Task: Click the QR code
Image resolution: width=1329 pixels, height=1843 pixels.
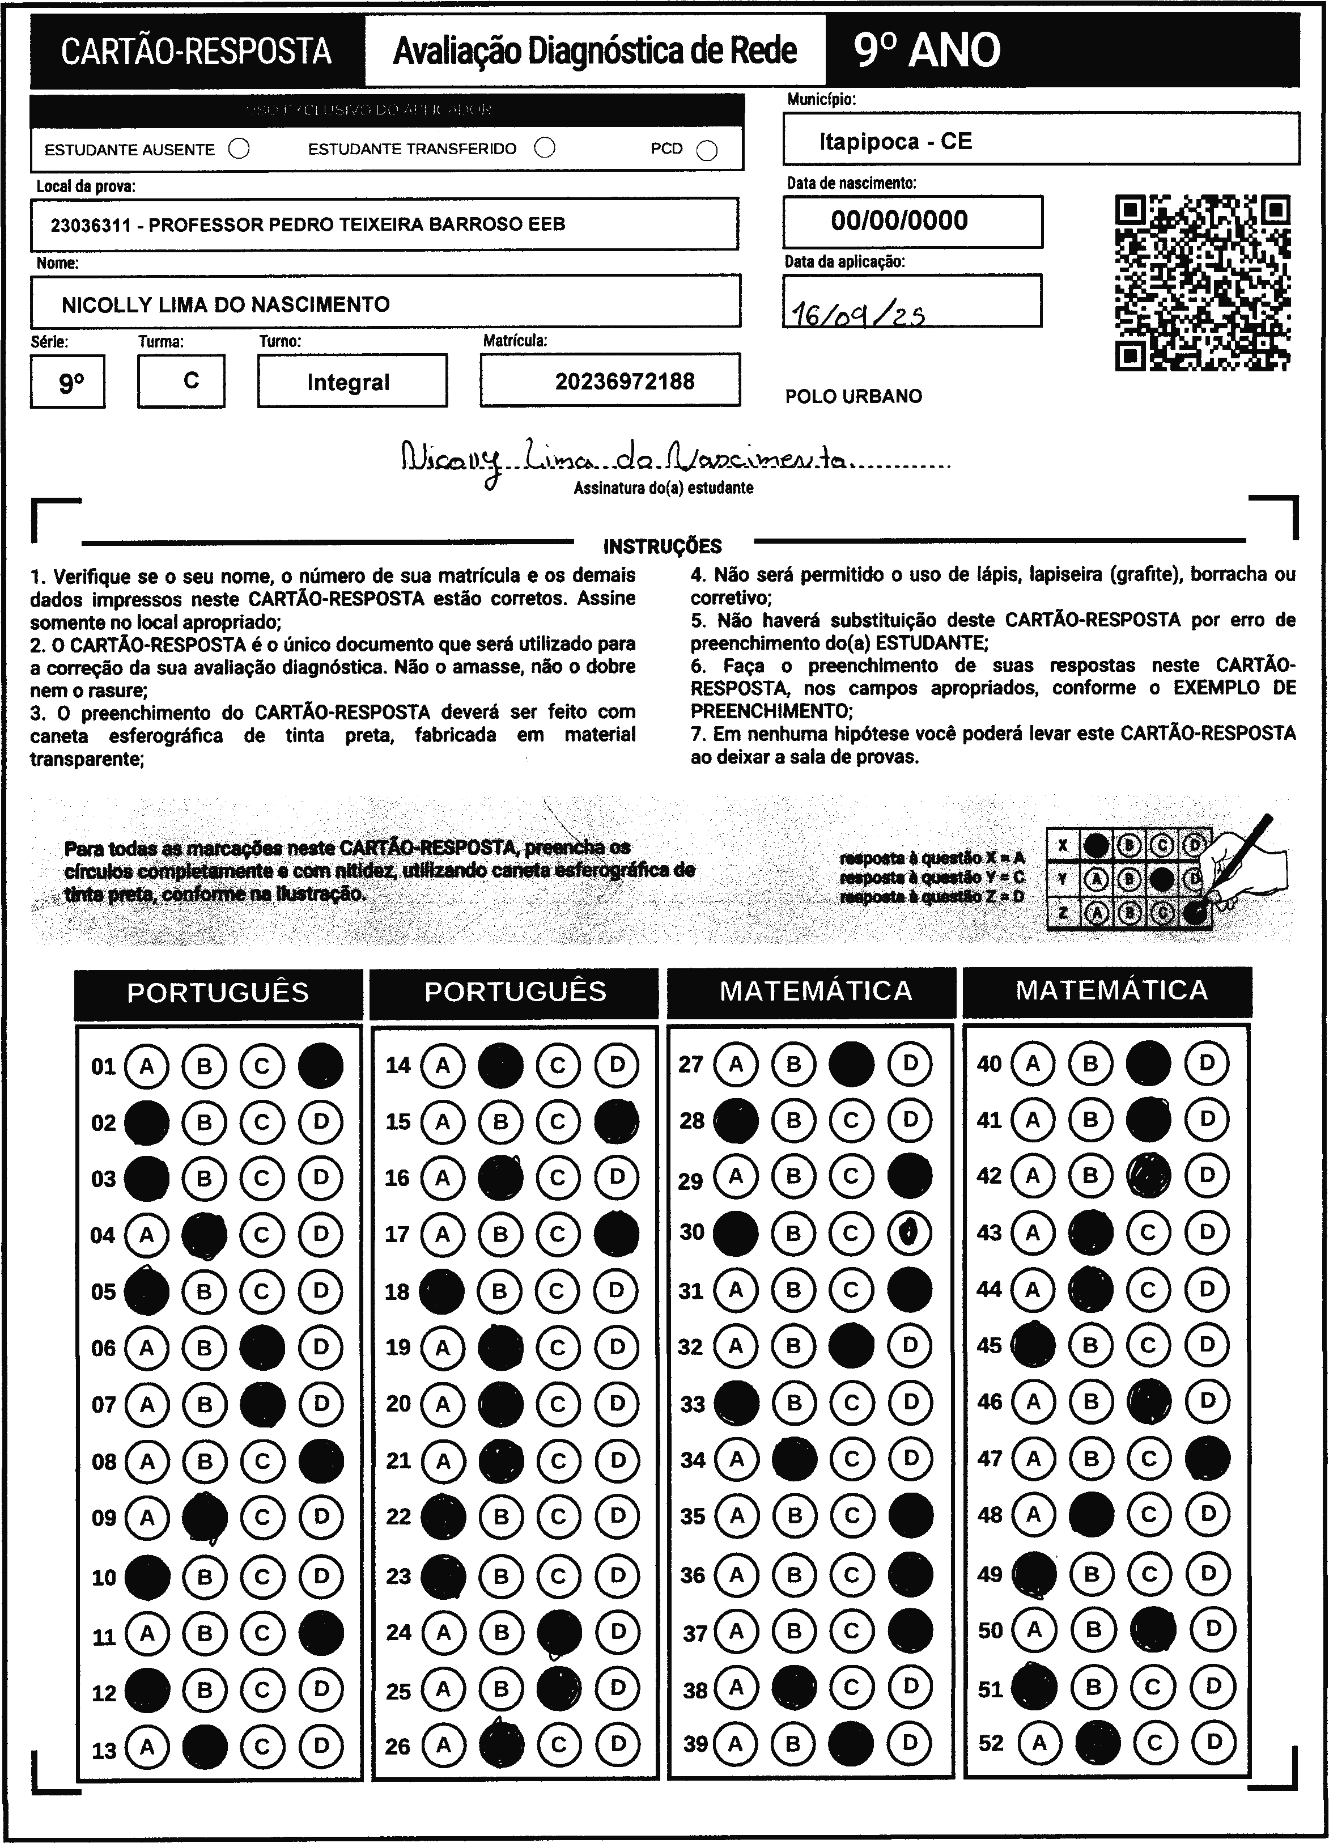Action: [1202, 282]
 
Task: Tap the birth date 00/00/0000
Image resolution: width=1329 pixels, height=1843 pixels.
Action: [899, 220]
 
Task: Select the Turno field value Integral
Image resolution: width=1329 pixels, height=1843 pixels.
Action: [349, 382]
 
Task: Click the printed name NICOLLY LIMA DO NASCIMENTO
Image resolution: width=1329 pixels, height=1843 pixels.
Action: [226, 305]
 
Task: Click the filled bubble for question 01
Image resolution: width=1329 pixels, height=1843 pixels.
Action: [321, 1065]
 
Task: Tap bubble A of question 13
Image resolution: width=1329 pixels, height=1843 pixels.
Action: [147, 1745]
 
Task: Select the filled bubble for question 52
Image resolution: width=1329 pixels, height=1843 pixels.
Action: [1097, 1742]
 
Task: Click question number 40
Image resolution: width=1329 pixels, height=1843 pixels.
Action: [988, 1064]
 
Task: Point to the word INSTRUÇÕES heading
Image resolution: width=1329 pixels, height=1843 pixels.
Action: [662, 546]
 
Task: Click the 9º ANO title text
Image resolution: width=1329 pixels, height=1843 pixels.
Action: [927, 50]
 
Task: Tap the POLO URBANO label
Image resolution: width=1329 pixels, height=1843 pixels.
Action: [853, 397]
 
